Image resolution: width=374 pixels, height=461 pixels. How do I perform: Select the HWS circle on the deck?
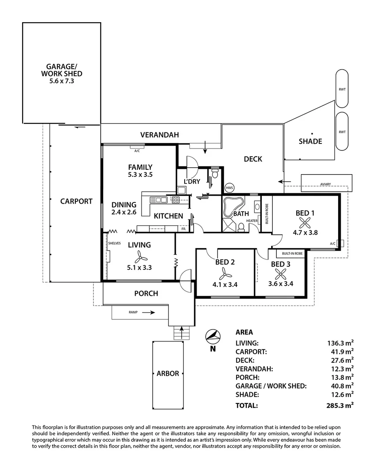229,188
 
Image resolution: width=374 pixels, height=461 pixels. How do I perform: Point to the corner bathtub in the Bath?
232,207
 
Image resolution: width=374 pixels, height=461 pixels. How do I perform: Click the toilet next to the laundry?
215,174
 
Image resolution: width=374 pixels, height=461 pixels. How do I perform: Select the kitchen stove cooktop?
175,199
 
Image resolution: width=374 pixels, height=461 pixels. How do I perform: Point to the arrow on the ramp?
149,312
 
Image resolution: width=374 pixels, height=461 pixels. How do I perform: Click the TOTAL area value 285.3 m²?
339,405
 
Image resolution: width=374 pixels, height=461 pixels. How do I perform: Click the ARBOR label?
168,373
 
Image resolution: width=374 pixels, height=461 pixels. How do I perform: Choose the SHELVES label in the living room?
115,243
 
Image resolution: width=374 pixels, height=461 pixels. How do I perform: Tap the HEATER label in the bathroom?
252,221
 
